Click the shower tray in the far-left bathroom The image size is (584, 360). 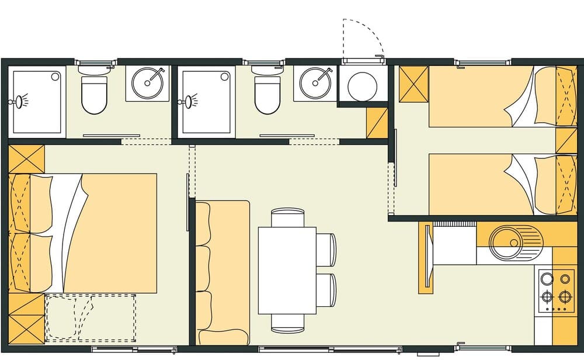tap(36, 102)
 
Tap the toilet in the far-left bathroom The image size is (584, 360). tap(93, 94)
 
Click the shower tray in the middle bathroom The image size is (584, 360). tap(208, 102)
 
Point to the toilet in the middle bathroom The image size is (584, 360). tap(267, 94)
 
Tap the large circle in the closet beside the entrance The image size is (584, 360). tap(362, 86)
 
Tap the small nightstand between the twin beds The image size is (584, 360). tap(565, 140)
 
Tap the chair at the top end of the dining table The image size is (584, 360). tap(287, 217)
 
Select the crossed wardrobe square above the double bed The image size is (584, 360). tap(27, 158)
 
